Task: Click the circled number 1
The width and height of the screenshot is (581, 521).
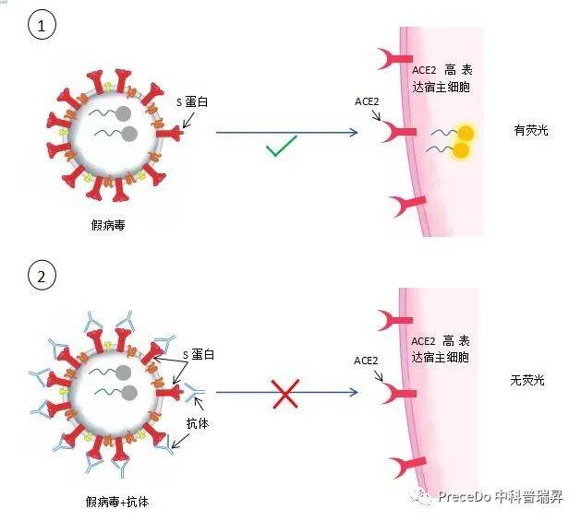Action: (42, 25)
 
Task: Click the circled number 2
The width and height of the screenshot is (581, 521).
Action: (42, 276)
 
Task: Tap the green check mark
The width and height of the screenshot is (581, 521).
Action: (282, 146)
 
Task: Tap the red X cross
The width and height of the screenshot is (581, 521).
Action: (285, 394)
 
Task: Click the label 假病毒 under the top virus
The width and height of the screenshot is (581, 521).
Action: (108, 225)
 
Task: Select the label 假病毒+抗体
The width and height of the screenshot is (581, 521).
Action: (117, 502)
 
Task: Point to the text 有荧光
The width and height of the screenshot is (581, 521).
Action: (531, 130)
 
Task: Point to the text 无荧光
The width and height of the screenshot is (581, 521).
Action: (527, 380)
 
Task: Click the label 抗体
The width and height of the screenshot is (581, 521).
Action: (198, 423)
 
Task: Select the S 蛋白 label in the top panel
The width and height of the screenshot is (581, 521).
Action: (192, 101)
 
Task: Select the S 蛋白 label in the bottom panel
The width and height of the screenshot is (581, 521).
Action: (199, 354)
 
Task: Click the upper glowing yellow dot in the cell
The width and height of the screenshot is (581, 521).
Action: (466, 133)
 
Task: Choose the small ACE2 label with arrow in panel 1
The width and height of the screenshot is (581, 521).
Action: (367, 101)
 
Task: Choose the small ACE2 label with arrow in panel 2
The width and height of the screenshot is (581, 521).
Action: (366, 361)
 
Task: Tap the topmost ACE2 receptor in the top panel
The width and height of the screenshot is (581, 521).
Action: (395, 59)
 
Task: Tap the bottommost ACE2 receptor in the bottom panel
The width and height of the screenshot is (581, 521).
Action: (406, 466)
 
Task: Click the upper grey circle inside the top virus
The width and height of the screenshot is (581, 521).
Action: (123, 114)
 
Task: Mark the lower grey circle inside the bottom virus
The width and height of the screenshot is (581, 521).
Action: (129, 393)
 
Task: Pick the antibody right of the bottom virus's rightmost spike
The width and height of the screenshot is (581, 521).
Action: (193, 392)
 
